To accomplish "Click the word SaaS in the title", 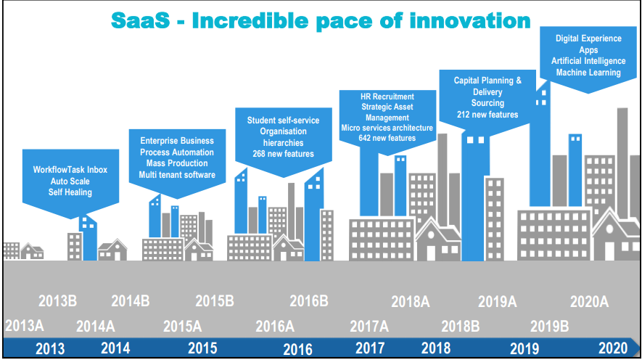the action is pos(140,20).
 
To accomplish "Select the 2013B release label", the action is pos(58,301).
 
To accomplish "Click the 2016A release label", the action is pos(275,327).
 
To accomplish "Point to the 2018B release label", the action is pos(460,327).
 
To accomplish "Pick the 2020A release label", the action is pos(589,302).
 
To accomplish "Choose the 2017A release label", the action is pos(369,327).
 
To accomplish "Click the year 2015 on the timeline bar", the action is pos(202,348).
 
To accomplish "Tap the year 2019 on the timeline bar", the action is pos(524,349).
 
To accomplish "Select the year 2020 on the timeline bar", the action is pos(613,348).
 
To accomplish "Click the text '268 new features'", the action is pos(284,154).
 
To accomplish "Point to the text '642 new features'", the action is pos(387,138).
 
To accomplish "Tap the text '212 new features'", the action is pos(487,115).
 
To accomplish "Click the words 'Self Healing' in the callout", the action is pos(70,192).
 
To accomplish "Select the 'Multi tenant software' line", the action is pos(177,175).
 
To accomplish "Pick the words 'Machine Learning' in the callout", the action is pos(588,73).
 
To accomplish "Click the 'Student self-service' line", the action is pos(284,120).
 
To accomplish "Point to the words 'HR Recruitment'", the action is pos(387,97).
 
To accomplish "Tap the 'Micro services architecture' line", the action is pos(387,128).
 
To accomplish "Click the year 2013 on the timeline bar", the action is pos(50,349).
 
